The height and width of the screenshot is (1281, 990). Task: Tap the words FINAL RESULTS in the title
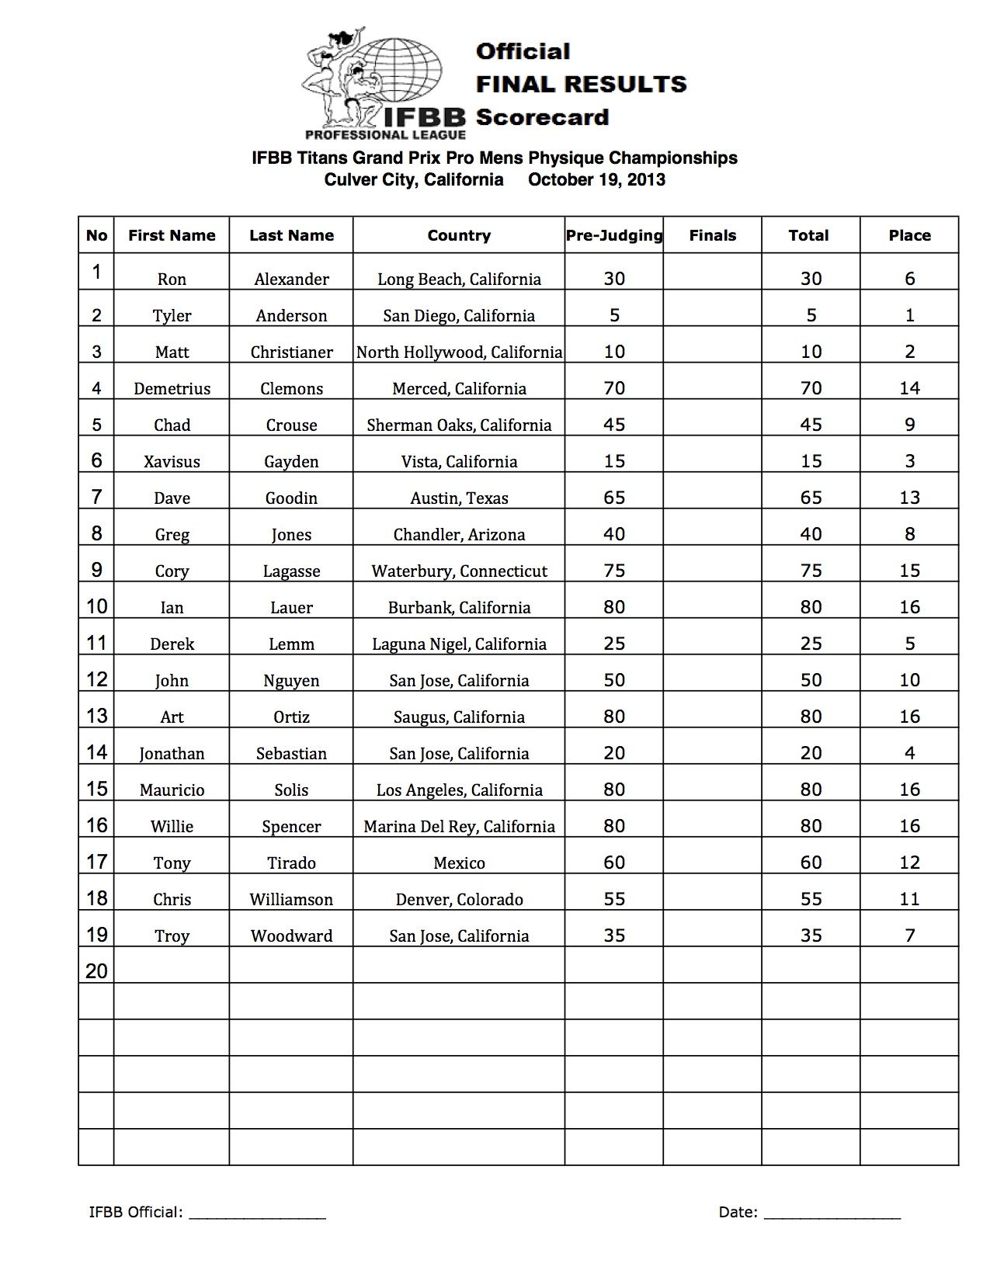[581, 84]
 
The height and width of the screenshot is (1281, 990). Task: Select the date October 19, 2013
[596, 180]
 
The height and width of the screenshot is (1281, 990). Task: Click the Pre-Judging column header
[614, 235]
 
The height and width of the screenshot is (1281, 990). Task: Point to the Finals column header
[712, 235]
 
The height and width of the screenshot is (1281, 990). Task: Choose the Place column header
[909, 235]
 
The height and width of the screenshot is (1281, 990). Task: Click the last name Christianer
[291, 352]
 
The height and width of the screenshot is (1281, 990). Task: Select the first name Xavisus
[172, 462]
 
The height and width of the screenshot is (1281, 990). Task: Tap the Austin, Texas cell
[459, 498]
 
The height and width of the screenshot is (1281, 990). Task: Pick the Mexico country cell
[459, 863]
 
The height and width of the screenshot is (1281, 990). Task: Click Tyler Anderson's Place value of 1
[910, 315]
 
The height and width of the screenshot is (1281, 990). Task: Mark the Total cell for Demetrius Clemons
[811, 388]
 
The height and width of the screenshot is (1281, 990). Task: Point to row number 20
[96, 971]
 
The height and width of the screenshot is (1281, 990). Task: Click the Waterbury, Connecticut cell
[459, 571]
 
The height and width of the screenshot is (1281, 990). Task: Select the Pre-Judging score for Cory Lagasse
[614, 571]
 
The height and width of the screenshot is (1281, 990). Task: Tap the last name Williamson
[291, 900]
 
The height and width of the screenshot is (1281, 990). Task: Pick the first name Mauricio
[172, 790]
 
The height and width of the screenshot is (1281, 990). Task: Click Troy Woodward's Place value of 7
[910, 936]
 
